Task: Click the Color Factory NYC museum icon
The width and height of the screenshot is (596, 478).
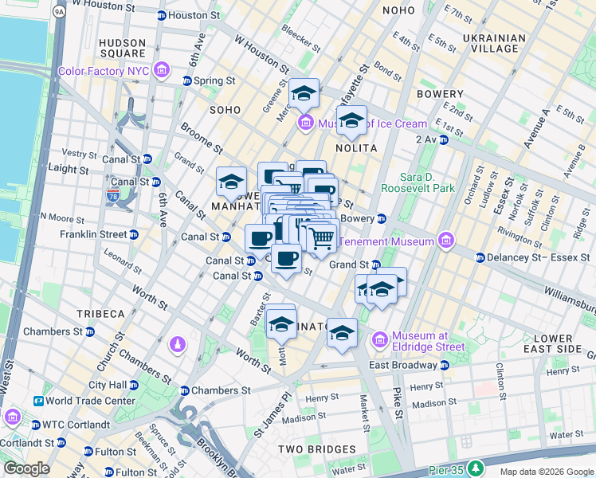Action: (x=163, y=71)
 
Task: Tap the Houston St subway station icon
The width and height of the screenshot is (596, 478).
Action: (x=162, y=15)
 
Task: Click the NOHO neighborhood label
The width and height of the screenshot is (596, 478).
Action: (x=398, y=10)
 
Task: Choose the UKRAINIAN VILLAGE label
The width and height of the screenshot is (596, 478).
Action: (x=494, y=43)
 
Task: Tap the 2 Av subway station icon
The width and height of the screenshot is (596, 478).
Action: (x=443, y=139)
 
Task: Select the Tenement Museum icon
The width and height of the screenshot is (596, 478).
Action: (x=445, y=241)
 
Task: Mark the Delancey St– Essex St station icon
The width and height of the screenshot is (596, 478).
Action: (x=480, y=257)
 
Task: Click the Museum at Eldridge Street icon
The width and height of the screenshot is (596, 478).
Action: (x=379, y=340)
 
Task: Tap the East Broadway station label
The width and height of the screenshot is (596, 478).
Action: (x=402, y=364)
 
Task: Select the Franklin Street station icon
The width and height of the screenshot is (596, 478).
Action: (x=133, y=234)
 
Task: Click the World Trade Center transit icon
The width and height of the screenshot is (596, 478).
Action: (x=38, y=401)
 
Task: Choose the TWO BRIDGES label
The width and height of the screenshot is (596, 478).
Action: (x=312, y=449)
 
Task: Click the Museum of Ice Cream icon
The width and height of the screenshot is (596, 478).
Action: (x=304, y=123)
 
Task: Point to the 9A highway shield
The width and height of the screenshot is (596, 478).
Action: (x=59, y=12)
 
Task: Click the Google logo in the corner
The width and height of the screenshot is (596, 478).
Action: (x=26, y=468)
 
